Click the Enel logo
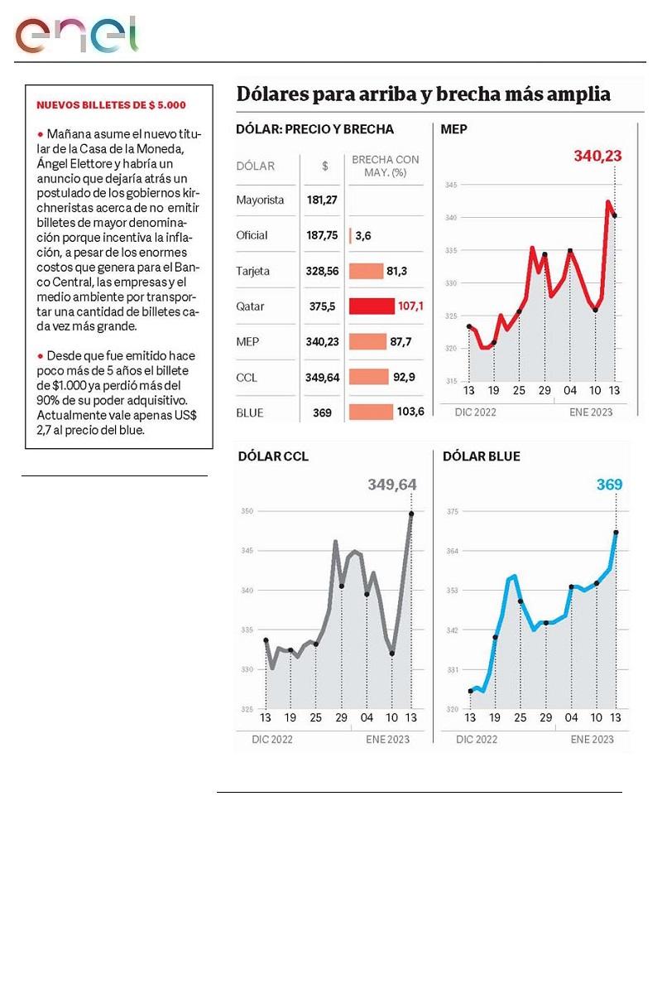pos(76,34)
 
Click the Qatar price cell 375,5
pos(324,306)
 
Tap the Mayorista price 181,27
pos(324,200)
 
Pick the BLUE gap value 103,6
pos(410,412)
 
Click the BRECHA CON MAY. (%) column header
pos(386,165)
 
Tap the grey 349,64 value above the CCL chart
pos(392,485)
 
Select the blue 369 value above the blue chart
pos(609,485)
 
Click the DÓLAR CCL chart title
pos(273,456)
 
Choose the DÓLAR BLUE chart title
pos(482,456)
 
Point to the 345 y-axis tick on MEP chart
pos(451,185)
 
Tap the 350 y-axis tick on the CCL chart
pos(247,512)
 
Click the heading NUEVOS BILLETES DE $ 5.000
pos(111,105)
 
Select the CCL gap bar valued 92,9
pos(369,377)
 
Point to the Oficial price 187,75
pos(322,235)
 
